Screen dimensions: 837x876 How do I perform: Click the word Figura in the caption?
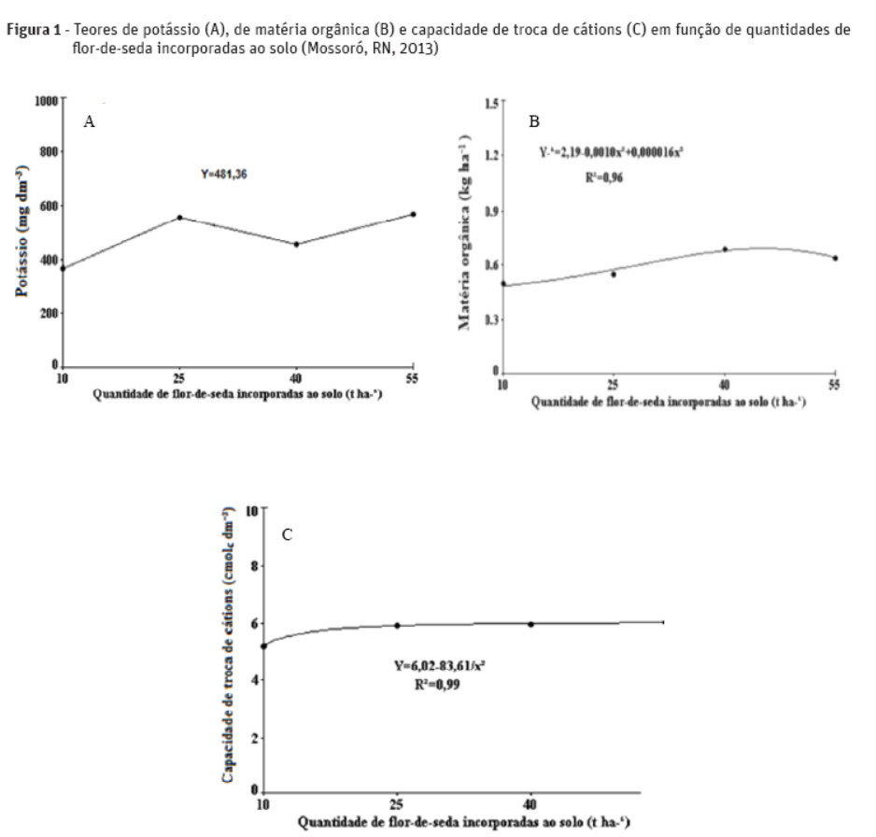(x=26, y=29)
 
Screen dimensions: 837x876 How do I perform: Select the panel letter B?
(x=534, y=121)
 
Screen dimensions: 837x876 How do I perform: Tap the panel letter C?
(x=288, y=534)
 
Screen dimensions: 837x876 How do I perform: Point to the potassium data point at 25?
(x=179, y=218)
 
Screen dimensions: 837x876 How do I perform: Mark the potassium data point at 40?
(x=296, y=244)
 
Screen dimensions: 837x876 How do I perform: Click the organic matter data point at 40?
(x=724, y=249)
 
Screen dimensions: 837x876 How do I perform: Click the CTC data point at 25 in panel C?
(x=397, y=625)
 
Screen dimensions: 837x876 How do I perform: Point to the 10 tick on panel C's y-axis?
(x=251, y=512)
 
